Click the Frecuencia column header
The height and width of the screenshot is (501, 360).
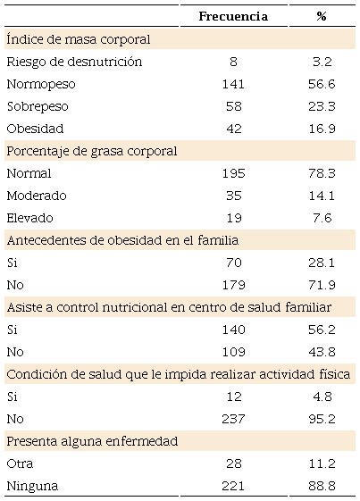click(232, 17)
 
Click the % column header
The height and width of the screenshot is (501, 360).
click(321, 17)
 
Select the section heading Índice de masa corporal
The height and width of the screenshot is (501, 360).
click(78, 39)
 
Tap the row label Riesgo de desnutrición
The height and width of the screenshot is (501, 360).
click(74, 62)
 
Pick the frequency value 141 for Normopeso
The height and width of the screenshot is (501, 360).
click(232, 84)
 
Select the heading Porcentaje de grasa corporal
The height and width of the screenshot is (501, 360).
click(91, 151)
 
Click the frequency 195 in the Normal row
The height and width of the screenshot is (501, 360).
click(232, 173)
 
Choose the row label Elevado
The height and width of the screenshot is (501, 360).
click(30, 218)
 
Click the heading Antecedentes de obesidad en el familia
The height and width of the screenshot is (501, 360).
click(124, 240)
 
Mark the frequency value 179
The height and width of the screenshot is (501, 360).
click(232, 285)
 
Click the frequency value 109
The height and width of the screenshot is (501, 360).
click(232, 352)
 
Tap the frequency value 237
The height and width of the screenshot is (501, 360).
click(232, 419)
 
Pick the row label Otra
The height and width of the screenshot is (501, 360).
click(21, 463)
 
